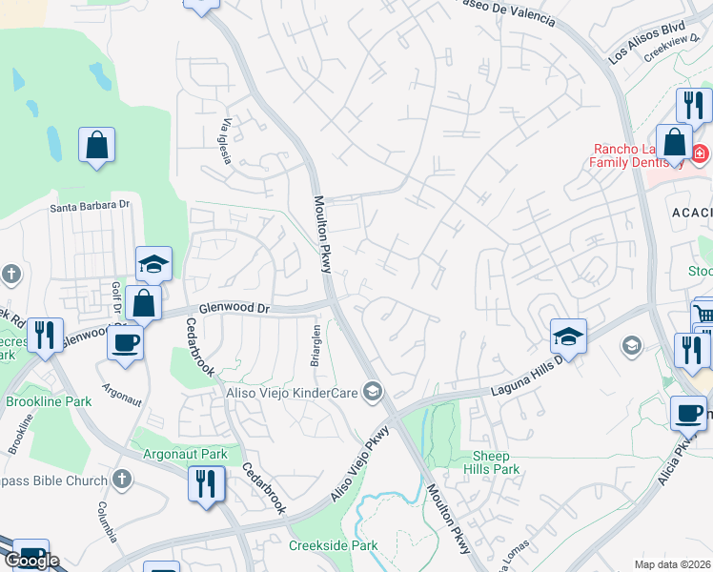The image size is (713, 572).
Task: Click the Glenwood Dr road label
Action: (x=234, y=309)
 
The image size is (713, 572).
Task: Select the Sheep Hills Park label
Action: (x=492, y=462)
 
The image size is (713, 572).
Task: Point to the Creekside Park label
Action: (x=334, y=546)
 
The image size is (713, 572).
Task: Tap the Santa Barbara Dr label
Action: (x=89, y=205)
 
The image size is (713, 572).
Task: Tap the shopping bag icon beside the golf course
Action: (x=96, y=146)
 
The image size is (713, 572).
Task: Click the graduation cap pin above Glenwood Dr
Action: (x=153, y=263)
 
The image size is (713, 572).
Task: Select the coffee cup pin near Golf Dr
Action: (x=125, y=343)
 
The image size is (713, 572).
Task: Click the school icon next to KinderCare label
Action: (x=373, y=392)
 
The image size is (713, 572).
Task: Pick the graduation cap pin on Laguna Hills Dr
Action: (x=568, y=336)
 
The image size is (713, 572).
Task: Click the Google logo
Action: (x=31, y=561)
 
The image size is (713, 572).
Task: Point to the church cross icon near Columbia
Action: (x=121, y=480)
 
